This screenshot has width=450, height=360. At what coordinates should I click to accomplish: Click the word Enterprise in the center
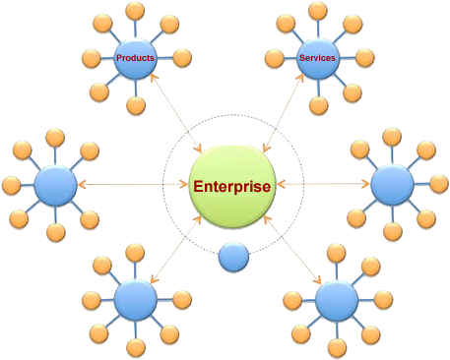click(231, 186)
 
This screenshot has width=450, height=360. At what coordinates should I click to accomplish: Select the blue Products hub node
click(135, 59)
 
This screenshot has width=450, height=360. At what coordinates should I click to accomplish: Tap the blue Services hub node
click(316, 59)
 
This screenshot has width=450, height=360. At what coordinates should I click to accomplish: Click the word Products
click(135, 58)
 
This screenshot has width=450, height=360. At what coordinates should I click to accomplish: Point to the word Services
click(316, 58)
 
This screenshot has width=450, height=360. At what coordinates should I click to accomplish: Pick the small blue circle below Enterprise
click(232, 257)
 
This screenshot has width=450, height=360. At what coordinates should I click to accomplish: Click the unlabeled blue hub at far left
click(55, 184)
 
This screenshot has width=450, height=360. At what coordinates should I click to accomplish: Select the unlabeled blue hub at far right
click(393, 184)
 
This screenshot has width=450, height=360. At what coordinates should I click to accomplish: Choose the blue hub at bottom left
click(134, 298)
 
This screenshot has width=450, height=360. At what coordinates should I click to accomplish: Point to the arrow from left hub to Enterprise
click(132, 184)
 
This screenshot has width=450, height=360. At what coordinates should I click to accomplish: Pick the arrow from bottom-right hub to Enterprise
click(290, 246)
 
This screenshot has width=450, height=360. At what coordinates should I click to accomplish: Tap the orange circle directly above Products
click(134, 13)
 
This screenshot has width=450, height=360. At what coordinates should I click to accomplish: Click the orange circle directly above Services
click(316, 12)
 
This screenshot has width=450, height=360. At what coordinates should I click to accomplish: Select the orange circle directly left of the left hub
click(11, 184)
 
